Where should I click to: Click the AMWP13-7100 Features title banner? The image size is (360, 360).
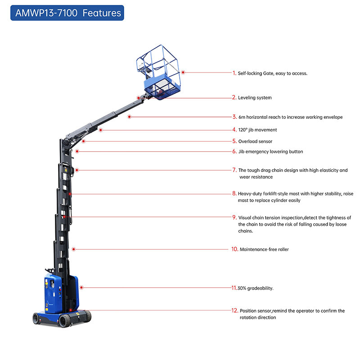(x=67, y=13)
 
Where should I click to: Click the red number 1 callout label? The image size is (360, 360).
(x=234, y=73)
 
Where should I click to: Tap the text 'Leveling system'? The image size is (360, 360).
(x=255, y=98)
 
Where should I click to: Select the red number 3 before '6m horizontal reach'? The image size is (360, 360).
(x=234, y=117)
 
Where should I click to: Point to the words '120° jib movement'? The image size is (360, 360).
(x=257, y=130)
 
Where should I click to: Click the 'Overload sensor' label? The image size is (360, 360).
(x=255, y=141)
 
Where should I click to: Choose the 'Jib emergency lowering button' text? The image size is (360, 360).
(x=270, y=152)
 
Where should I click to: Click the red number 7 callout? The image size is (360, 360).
(x=234, y=170)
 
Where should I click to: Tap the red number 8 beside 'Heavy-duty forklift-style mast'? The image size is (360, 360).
(x=234, y=193)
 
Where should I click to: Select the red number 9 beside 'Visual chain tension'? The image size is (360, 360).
(x=234, y=217)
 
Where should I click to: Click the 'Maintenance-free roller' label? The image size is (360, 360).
(x=264, y=249)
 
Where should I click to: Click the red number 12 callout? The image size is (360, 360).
(x=234, y=310)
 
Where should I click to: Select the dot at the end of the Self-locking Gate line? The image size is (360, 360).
(x=183, y=72)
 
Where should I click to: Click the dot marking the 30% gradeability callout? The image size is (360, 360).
(x=81, y=287)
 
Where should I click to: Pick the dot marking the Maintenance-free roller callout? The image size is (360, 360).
(x=73, y=248)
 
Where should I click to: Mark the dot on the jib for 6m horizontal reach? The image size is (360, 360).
(x=129, y=117)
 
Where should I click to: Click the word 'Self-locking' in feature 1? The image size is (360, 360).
(x=249, y=73)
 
